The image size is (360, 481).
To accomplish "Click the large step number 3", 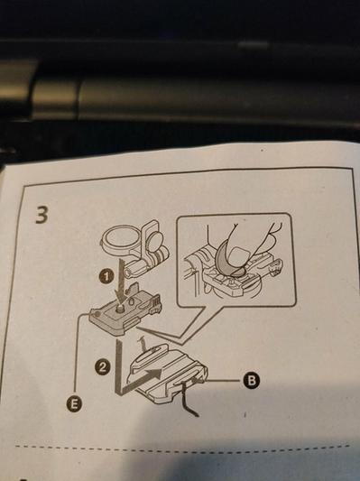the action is click(x=42, y=215).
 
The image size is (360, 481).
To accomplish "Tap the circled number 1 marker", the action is click(x=106, y=277).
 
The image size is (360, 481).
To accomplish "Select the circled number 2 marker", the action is click(x=102, y=366).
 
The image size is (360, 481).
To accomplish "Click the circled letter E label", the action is click(x=73, y=404).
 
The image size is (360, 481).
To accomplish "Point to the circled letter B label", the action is click(x=252, y=381).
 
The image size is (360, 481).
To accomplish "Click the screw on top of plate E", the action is click(x=120, y=306).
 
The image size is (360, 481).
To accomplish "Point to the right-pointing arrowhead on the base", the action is click(x=155, y=374).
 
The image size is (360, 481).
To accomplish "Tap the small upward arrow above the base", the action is click(x=142, y=345).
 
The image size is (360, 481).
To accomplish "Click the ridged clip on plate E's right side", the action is click(x=156, y=303).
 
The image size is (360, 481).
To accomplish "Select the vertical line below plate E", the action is click(x=118, y=366).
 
